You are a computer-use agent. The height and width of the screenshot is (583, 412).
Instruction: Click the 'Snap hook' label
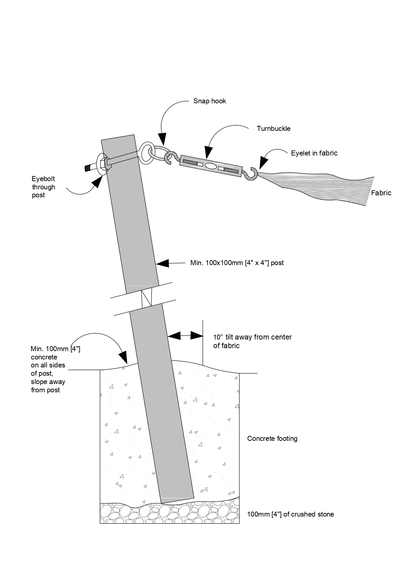pos(209,101)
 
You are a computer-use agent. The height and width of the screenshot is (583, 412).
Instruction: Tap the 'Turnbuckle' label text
pos(273,129)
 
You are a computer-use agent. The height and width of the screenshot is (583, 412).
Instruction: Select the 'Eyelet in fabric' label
pos(314,153)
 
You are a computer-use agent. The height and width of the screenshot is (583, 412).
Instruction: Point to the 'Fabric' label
pos(381,193)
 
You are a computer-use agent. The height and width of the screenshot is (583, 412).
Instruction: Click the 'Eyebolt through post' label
pos(44,187)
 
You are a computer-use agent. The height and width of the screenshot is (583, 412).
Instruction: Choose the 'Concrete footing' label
pos(272,438)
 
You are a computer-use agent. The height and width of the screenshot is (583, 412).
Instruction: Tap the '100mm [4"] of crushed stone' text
pos(290,515)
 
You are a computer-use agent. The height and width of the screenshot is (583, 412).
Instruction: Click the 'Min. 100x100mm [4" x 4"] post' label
pos(237,263)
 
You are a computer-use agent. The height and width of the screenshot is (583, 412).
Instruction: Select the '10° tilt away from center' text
pos(252,337)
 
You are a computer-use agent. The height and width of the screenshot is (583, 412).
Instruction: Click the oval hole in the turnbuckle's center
pos(210,165)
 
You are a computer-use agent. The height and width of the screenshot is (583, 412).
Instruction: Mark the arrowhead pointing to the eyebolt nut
pos(97,181)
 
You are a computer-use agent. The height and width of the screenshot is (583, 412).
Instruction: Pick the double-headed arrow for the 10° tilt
pos(185,336)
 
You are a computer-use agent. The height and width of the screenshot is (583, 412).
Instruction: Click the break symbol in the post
pos(146,298)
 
